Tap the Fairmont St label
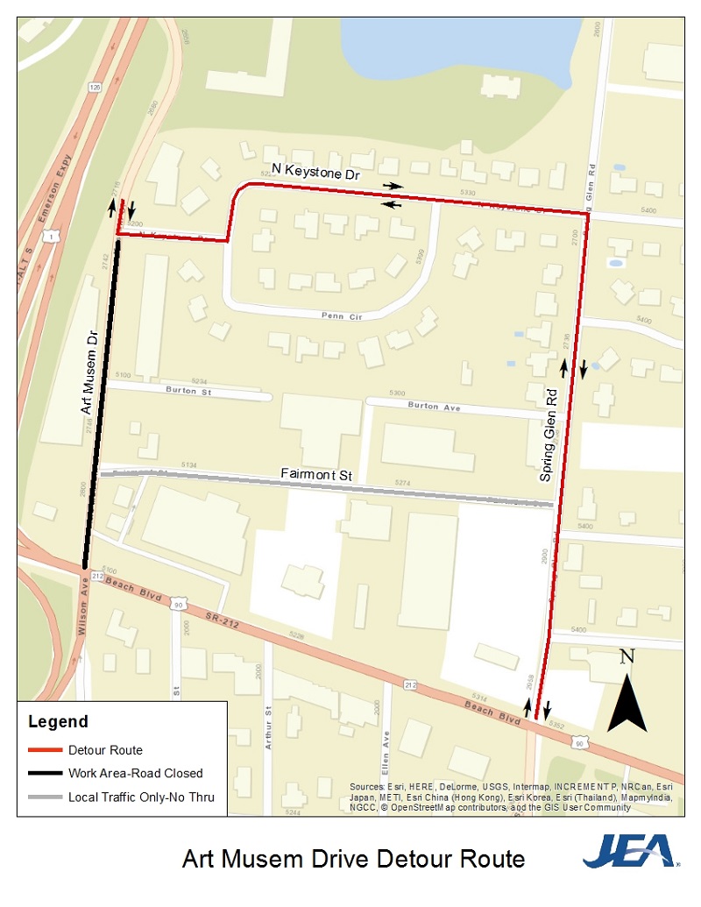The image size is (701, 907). point(316,474)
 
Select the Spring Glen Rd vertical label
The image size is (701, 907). point(549,436)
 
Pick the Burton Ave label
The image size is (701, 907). point(433,406)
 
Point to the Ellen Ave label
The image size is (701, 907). point(385,750)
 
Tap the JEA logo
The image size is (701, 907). point(629,851)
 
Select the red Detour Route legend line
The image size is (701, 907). point(45,750)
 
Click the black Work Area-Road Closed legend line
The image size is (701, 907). point(45,773)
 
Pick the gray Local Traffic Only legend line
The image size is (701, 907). point(45,797)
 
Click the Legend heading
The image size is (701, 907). point(58,722)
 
